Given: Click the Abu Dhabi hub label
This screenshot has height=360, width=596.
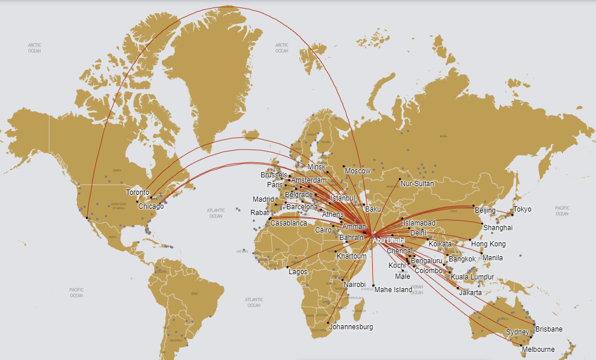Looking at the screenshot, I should point(388,240).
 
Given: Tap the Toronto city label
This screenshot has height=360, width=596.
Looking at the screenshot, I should point(138,192).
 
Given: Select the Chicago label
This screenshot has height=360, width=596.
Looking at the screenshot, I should point(151,206).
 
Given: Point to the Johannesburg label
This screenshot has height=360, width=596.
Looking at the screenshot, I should point(351,327).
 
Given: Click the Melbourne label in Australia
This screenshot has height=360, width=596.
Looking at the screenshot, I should point(538,350).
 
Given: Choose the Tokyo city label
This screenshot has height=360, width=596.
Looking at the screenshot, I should point(522,209).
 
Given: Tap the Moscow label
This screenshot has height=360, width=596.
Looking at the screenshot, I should point(357,172).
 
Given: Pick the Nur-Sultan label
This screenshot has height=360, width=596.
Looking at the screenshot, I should point(417,184).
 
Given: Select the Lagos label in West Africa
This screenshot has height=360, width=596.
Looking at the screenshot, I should point(297,271).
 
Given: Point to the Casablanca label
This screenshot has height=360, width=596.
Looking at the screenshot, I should point(289,223).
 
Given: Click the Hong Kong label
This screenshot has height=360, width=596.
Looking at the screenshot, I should point(488,244).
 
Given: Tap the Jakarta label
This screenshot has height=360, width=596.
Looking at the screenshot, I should point(470,293).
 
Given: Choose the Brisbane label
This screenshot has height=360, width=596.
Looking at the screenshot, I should point(548,329).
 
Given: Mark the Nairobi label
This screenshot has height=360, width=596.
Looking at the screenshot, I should point(354,285).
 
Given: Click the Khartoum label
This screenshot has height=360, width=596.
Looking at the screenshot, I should point(351,256).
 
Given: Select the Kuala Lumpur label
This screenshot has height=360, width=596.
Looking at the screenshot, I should point(472,277).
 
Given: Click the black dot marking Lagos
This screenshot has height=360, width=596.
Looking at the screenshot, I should point(288,267).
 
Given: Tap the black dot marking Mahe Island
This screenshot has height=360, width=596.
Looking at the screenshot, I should point(375,286).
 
